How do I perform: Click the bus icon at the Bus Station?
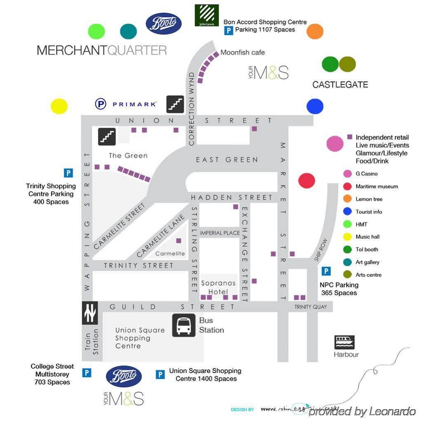tap(184, 325)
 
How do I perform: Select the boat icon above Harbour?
tap(344, 342)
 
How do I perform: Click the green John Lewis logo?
tap(207, 15)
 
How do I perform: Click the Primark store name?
tap(134, 104)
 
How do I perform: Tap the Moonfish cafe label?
tap(243, 52)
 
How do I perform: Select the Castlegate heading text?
tap(340, 85)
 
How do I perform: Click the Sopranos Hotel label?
tap(218, 287)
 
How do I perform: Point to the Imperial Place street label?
tap(220, 233)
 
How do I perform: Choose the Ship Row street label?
tap(320, 250)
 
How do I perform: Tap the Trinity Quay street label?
tap(310, 307)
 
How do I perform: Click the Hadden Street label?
tap(231, 198)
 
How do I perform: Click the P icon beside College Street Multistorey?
tap(87, 373)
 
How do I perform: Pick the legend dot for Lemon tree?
tap(347, 199)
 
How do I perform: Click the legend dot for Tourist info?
tap(347, 212)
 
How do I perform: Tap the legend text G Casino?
tap(366, 174)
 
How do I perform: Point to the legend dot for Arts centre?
tap(347, 275)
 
